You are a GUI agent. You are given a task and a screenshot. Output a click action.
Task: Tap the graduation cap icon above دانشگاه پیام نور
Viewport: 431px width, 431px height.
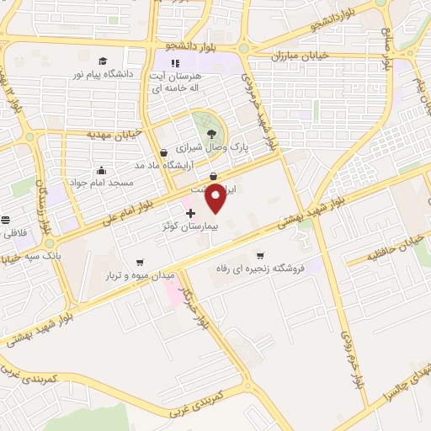(103, 61)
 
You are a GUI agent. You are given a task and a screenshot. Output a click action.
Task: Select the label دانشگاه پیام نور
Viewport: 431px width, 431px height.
(105, 74)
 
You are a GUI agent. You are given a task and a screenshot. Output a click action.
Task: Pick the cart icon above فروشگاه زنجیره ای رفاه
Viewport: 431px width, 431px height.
(260, 256)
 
